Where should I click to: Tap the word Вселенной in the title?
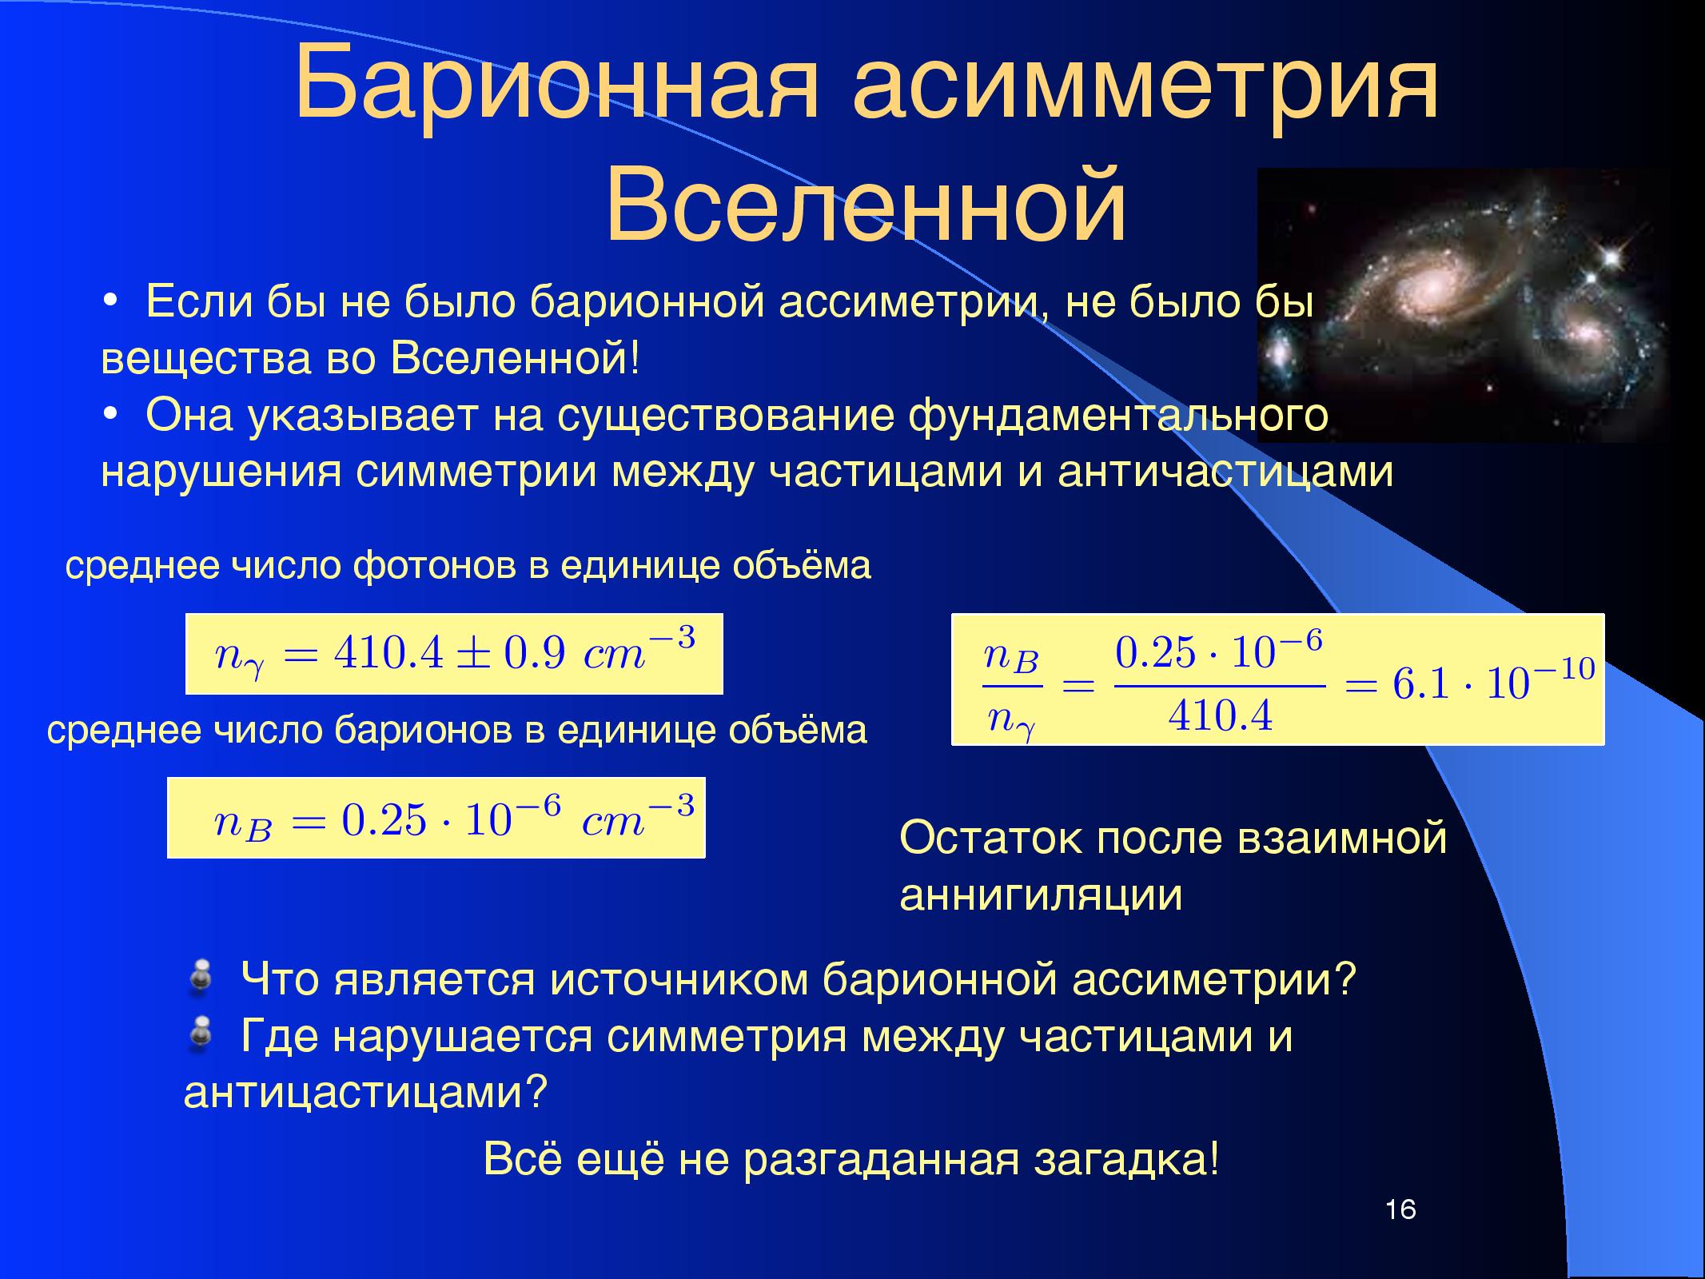pyautogui.click(x=866, y=204)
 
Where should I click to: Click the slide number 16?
pyautogui.click(x=1400, y=1209)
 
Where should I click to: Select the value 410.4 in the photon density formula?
pyautogui.click(x=388, y=655)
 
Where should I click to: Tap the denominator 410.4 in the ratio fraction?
pyautogui.click(x=1220, y=715)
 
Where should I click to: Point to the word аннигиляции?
pyautogui.click(x=1041, y=895)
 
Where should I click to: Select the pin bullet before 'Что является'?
pyautogui.click(x=200, y=978)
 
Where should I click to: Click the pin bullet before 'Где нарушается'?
pyautogui.click(x=200, y=1035)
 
